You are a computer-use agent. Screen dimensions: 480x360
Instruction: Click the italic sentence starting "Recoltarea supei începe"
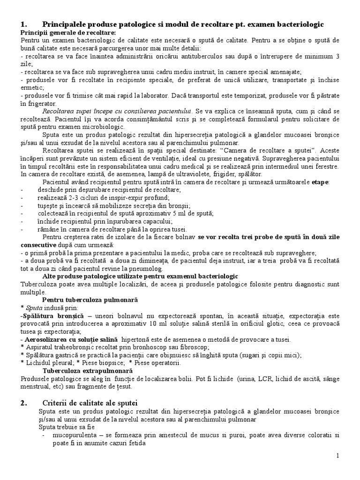point(117,111)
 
